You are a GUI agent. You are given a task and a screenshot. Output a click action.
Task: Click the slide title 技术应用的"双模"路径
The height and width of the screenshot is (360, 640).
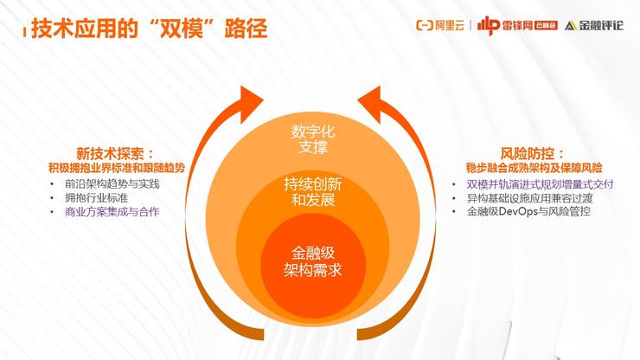[x=150, y=29]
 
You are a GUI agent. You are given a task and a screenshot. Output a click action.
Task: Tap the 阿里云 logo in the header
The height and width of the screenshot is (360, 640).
[x=440, y=25]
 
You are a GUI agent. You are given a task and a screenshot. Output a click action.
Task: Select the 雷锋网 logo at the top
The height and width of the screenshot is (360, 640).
[x=517, y=25]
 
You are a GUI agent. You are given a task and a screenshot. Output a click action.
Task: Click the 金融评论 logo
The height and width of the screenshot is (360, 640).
[x=594, y=25]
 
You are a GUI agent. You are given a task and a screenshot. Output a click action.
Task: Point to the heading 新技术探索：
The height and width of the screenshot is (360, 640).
[x=116, y=154]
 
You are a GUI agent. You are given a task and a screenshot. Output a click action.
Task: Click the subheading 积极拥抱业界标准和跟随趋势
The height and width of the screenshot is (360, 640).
[x=117, y=168]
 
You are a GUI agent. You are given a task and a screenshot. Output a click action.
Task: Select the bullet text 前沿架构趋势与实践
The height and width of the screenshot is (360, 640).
[x=112, y=183]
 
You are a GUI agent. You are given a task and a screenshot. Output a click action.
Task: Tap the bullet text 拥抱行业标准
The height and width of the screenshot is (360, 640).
[x=96, y=198]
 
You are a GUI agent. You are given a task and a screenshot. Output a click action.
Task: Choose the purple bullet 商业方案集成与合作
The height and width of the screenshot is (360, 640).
[x=112, y=212]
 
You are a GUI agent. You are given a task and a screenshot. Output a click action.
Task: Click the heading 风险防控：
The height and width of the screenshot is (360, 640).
[x=533, y=154]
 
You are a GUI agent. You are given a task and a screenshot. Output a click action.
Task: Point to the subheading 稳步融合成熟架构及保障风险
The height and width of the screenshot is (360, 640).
[x=534, y=168]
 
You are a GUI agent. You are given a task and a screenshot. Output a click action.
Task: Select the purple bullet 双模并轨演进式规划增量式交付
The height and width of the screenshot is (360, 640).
[x=540, y=184]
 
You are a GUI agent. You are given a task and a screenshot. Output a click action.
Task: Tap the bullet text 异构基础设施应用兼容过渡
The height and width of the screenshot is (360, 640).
[x=530, y=198]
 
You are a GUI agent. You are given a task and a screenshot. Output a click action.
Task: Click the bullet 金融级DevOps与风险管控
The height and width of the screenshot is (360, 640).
[x=528, y=212]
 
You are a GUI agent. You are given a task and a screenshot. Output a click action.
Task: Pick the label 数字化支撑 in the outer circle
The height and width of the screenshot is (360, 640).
[x=313, y=139]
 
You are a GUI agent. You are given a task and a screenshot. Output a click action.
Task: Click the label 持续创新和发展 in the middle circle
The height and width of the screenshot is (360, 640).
[x=313, y=192]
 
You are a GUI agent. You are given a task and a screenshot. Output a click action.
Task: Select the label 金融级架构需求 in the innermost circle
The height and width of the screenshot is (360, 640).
[x=313, y=261]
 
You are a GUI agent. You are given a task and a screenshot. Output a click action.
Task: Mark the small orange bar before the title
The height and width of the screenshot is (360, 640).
[x=24, y=33]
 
